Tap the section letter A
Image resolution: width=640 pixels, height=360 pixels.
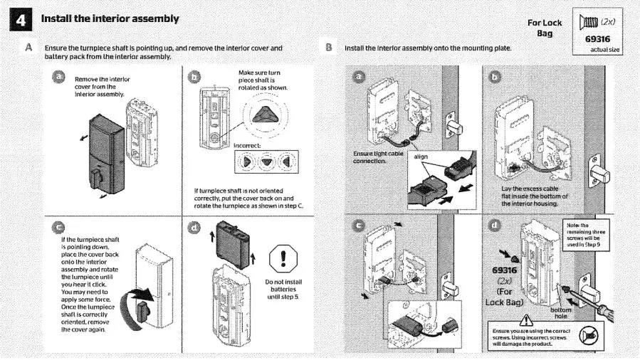tap(28, 48)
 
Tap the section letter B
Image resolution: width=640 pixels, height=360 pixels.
tap(329, 48)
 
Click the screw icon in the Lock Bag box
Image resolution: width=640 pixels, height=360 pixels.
tap(593, 23)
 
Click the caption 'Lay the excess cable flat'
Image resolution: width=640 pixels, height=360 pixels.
tap(535, 196)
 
